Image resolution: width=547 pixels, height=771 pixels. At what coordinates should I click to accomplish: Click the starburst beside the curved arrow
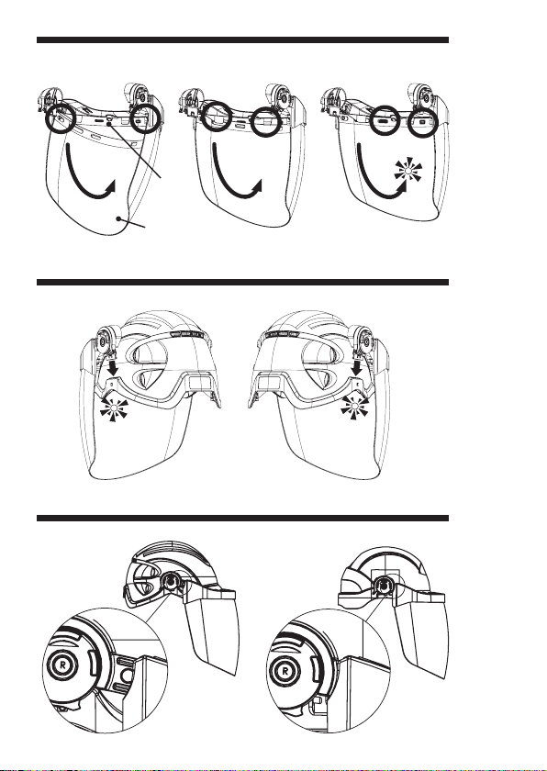[407, 170]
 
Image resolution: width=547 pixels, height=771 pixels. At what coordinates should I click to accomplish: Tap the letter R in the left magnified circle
[62, 664]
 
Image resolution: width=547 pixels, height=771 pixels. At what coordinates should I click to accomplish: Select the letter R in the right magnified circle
[285, 669]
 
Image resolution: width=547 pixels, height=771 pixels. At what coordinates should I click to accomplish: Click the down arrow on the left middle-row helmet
[113, 367]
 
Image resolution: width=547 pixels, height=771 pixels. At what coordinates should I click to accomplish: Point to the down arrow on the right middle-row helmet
[357, 367]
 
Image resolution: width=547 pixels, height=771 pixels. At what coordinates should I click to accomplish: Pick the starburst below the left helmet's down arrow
[114, 408]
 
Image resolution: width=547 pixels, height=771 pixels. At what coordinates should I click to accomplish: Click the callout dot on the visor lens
[118, 218]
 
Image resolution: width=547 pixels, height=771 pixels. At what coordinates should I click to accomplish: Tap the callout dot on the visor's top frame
[108, 125]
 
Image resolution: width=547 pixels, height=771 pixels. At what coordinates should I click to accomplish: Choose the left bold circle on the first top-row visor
[61, 117]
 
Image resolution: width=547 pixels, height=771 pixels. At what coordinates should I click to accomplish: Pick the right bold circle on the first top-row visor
[145, 117]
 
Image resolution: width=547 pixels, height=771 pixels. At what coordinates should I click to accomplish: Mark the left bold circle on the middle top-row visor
[217, 116]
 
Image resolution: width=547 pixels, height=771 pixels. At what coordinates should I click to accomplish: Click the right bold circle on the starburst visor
[423, 122]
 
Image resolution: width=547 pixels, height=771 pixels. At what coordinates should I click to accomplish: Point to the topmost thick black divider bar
[243, 39]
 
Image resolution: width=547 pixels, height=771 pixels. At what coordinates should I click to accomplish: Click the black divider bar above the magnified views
[243, 518]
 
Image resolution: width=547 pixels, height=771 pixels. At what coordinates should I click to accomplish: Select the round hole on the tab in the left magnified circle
[126, 676]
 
